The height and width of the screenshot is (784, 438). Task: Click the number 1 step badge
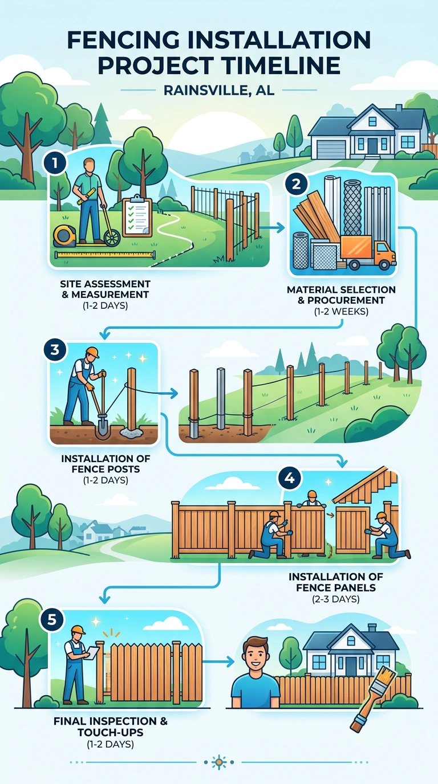pyautogui.click(x=55, y=163)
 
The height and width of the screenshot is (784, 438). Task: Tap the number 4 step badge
pyautogui.click(x=289, y=477)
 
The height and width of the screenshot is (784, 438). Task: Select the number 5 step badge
pyautogui.click(x=52, y=620)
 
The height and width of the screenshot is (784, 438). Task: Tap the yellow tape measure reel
pyautogui.click(x=64, y=236)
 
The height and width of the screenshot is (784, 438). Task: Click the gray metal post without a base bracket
pyautogui.click(x=220, y=399)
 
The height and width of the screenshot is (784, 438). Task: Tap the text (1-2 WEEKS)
pyautogui.click(x=341, y=312)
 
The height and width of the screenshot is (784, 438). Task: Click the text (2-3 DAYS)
pyautogui.click(x=336, y=599)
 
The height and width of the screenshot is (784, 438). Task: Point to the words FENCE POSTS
pyautogui.click(x=106, y=469)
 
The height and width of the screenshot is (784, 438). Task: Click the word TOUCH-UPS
pyautogui.click(x=111, y=732)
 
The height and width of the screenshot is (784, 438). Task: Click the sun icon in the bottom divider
pyautogui.click(x=219, y=762)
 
